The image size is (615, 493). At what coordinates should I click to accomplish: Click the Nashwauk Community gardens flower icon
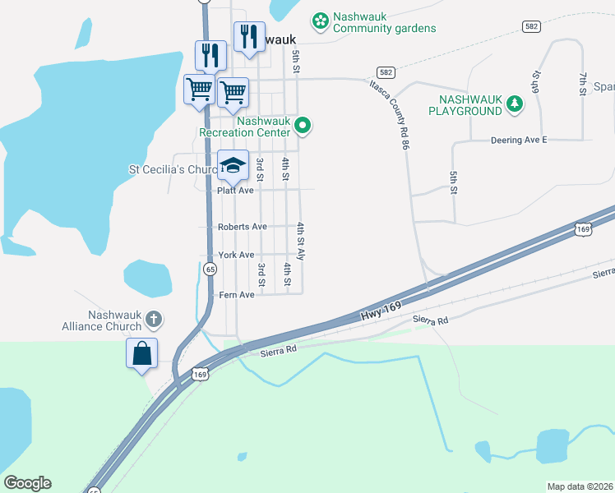click(x=321, y=19)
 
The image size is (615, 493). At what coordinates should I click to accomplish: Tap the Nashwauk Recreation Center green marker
click(x=303, y=126)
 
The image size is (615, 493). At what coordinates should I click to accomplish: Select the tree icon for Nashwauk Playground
click(x=515, y=104)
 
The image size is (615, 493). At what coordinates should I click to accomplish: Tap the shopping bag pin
click(x=141, y=353)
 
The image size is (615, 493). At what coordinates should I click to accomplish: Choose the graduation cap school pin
click(x=233, y=165)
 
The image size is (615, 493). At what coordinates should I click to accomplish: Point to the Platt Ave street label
click(x=235, y=190)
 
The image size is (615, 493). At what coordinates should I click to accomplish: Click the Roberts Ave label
click(x=242, y=226)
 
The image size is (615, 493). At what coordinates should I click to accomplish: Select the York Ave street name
click(x=236, y=255)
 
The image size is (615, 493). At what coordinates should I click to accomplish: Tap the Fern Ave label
click(x=236, y=294)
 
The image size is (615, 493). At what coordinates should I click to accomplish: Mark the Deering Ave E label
click(x=518, y=141)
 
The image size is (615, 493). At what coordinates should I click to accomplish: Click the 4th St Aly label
click(x=301, y=242)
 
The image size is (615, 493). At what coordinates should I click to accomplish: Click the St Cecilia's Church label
click(x=173, y=170)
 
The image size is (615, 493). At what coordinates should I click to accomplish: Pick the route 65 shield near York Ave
click(x=210, y=269)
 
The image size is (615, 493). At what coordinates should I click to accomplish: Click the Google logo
click(x=27, y=483)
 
